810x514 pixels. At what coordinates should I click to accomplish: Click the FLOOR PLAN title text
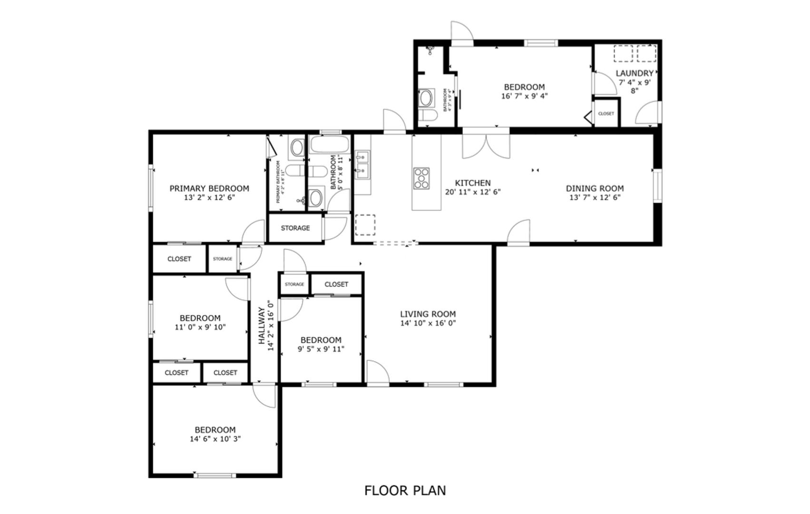[405, 490]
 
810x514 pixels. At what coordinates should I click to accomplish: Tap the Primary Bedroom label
[209, 188]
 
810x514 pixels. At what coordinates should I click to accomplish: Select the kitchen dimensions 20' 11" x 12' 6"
[473, 192]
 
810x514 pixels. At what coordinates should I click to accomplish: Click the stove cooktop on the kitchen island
[421, 178]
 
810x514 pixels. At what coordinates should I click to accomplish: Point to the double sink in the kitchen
[362, 165]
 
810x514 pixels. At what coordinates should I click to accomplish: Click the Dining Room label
[595, 188]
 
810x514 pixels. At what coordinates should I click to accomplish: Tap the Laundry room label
[634, 73]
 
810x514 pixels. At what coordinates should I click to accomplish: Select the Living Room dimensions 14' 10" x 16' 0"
[428, 323]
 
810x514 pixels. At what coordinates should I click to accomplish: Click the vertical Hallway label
[262, 326]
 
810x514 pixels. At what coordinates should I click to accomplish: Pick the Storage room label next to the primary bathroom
[295, 228]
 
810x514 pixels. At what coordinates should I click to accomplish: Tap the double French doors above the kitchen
[486, 146]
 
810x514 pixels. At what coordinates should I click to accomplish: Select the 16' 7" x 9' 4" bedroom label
[524, 87]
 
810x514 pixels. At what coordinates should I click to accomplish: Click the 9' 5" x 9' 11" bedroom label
[321, 340]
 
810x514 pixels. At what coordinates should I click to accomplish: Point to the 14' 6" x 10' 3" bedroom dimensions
[215, 439]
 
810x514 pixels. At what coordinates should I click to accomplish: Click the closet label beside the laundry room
[605, 114]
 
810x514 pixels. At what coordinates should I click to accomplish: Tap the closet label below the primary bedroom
[179, 259]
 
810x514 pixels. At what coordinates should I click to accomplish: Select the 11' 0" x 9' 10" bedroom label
[200, 318]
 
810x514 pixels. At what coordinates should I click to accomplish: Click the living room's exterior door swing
[377, 372]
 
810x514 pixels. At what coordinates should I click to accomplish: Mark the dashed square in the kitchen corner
[365, 225]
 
